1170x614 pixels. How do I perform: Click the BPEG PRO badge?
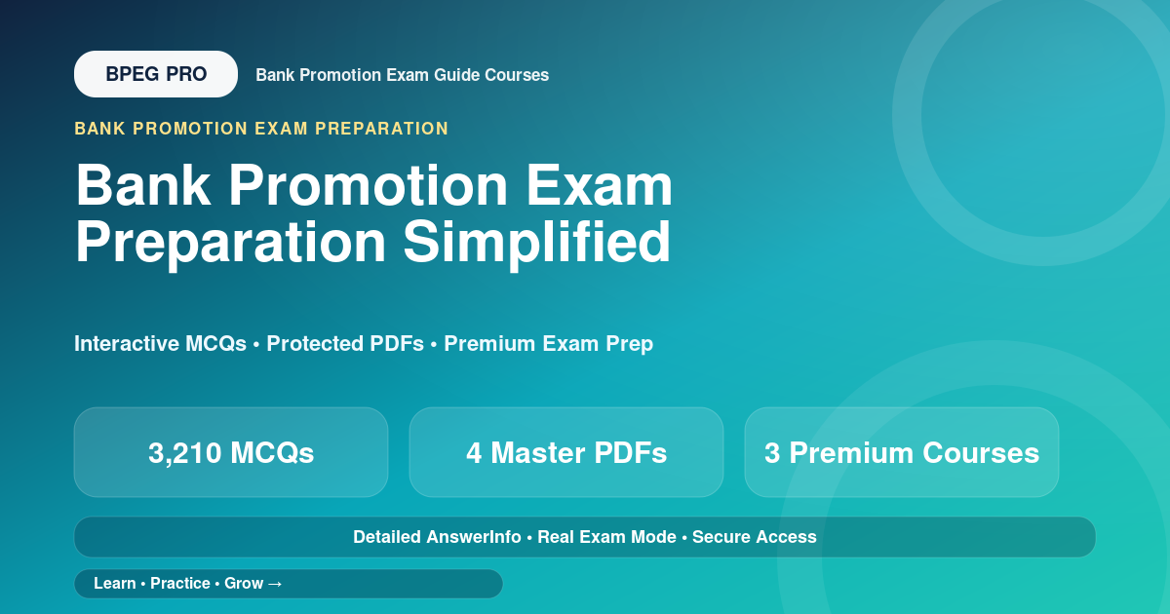pos(156,74)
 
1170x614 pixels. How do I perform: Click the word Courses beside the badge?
pos(517,75)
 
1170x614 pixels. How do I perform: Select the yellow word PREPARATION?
pos(382,129)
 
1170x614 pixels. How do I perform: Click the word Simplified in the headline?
pos(536,243)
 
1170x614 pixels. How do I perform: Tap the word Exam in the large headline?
pos(599,185)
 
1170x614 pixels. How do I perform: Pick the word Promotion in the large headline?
pos(369,185)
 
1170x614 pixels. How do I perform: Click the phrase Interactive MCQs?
pos(160,343)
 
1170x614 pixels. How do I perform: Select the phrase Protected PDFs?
pos(345,343)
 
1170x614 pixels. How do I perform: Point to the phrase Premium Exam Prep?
pos(548,343)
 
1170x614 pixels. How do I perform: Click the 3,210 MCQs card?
pos(231,452)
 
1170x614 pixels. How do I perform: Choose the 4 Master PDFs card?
pos(566,452)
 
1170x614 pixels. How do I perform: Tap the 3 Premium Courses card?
pos(902,452)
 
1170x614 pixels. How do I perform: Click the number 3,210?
pos(185,453)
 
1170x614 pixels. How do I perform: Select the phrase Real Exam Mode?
pos(606,537)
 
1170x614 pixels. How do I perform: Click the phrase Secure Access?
pos(755,537)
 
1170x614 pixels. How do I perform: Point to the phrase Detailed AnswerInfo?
pos(437,537)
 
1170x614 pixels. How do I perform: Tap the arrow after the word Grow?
pos(275,584)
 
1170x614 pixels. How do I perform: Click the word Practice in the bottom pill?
pos(180,584)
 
